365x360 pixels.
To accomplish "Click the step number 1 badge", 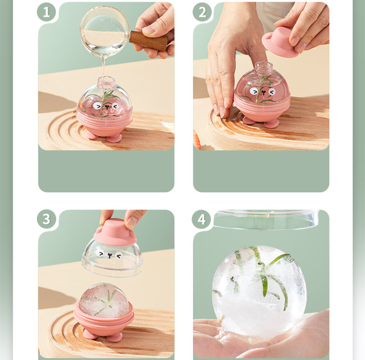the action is click(47, 12).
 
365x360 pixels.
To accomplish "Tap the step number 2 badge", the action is click(202, 12).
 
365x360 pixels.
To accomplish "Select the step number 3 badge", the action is click(47, 219).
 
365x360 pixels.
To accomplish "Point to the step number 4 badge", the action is click(201, 219).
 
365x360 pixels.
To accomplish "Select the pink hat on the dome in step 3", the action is click(115, 232).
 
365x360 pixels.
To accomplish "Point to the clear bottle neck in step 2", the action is click(264, 67).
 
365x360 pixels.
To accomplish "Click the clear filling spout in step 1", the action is click(106, 82).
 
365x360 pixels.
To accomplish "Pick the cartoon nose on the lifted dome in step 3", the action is click(110, 256).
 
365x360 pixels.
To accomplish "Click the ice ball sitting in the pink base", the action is click(104, 300).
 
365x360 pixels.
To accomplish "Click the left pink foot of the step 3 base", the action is click(90, 334).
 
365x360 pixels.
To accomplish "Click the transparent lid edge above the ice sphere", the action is click(266, 219).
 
